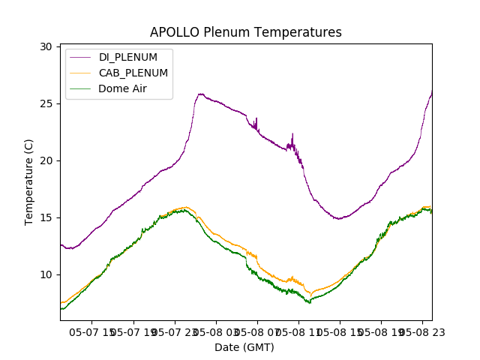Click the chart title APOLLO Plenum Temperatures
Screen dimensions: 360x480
click(x=245, y=32)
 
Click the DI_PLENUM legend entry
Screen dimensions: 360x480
click(x=127, y=58)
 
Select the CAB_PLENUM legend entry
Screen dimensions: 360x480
click(x=133, y=73)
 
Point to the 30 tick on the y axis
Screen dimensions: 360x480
click(x=46, y=46)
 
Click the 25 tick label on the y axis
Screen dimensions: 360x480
click(x=46, y=103)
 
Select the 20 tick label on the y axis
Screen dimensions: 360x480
click(x=46, y=160)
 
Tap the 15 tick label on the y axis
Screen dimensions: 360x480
click(x=46, y=217)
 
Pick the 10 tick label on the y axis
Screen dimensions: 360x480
click(x=46, y=274)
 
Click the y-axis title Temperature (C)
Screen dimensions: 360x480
click(x=29, y=182)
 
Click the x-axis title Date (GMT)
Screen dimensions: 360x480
click(x=244, y=347)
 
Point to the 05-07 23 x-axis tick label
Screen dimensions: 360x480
click(x=175, y=331)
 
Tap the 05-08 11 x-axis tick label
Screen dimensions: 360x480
click(x=298, y=331)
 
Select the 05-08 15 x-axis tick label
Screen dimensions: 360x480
click(x=339, y=331)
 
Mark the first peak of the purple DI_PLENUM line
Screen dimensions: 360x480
click(x=200, y=94)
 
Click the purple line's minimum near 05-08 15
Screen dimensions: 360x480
click(x=339, y=219)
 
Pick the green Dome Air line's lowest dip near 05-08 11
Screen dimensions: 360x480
click(x=309, y=303)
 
